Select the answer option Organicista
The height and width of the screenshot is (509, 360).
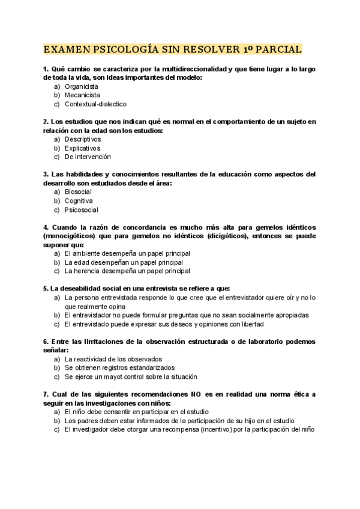[x=82, y=86]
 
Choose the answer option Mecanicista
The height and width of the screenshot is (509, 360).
[x=82, y=95]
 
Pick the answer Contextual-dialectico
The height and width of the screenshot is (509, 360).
[x=95, y=104]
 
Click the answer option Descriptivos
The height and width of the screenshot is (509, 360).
[x=83, y=139]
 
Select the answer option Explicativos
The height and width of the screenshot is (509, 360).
[x=82, y=148]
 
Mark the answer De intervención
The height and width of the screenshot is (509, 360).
[x=88, y=157]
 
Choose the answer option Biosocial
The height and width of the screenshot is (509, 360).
[x=78, y=191]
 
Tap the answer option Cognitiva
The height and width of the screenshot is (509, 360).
[x=79, y=200]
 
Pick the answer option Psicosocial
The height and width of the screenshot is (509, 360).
[x=81, y=209]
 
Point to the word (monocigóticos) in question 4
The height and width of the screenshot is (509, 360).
[x=70, y=236]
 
